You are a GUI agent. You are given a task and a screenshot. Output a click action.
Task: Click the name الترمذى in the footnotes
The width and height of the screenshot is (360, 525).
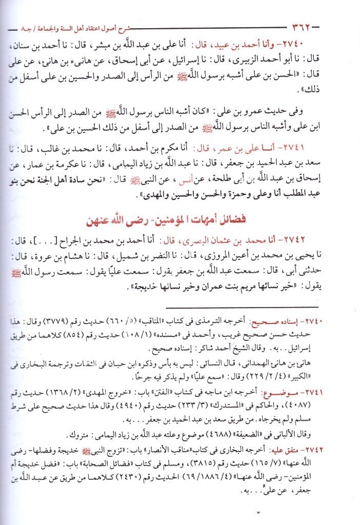226,322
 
